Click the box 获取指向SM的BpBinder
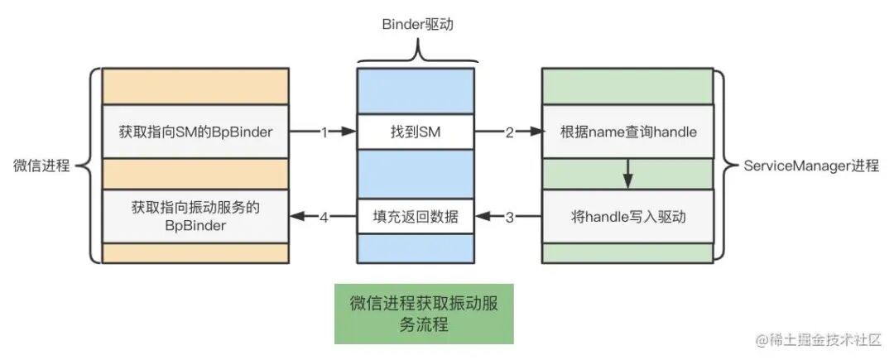[x=195, y=132]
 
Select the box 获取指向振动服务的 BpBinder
[x=195, y=216]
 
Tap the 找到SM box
[x=416, y=132]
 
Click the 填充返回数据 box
[x=416, y=217]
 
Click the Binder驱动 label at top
[x=417, y=25]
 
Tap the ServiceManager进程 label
[x=810, y=166]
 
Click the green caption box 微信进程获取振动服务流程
[x=423, y=314]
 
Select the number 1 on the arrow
[x=324, y=132]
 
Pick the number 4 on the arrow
[x=324, y=218]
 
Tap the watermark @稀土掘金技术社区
[x=816, y=339]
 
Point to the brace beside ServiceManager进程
[x=724, y=166]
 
